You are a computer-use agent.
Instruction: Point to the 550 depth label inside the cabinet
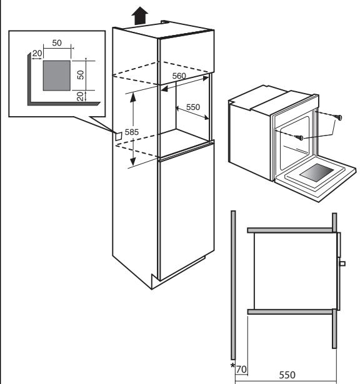tap(192, 107)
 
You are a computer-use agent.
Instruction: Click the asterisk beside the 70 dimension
tap(232, 366)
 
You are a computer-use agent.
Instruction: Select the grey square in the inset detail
tap(57, 75)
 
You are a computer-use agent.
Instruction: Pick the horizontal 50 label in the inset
tap(56, 43)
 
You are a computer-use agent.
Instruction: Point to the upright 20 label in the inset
tap(36, 54)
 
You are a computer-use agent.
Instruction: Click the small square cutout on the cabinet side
tap(117, 134)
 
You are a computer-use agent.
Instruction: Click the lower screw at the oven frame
tap(300, 137)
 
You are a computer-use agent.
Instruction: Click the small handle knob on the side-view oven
tap(342, 264)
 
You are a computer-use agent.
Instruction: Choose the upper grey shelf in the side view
tap(289, 230)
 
